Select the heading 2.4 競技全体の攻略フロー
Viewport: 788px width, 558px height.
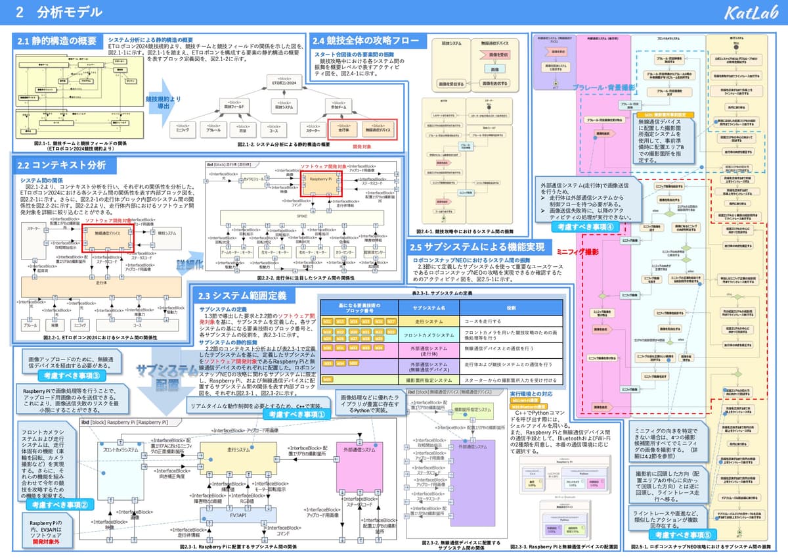(366, 41)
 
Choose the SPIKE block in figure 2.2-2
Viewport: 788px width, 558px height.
(303, 215)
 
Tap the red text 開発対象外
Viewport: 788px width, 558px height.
(45, 542)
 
